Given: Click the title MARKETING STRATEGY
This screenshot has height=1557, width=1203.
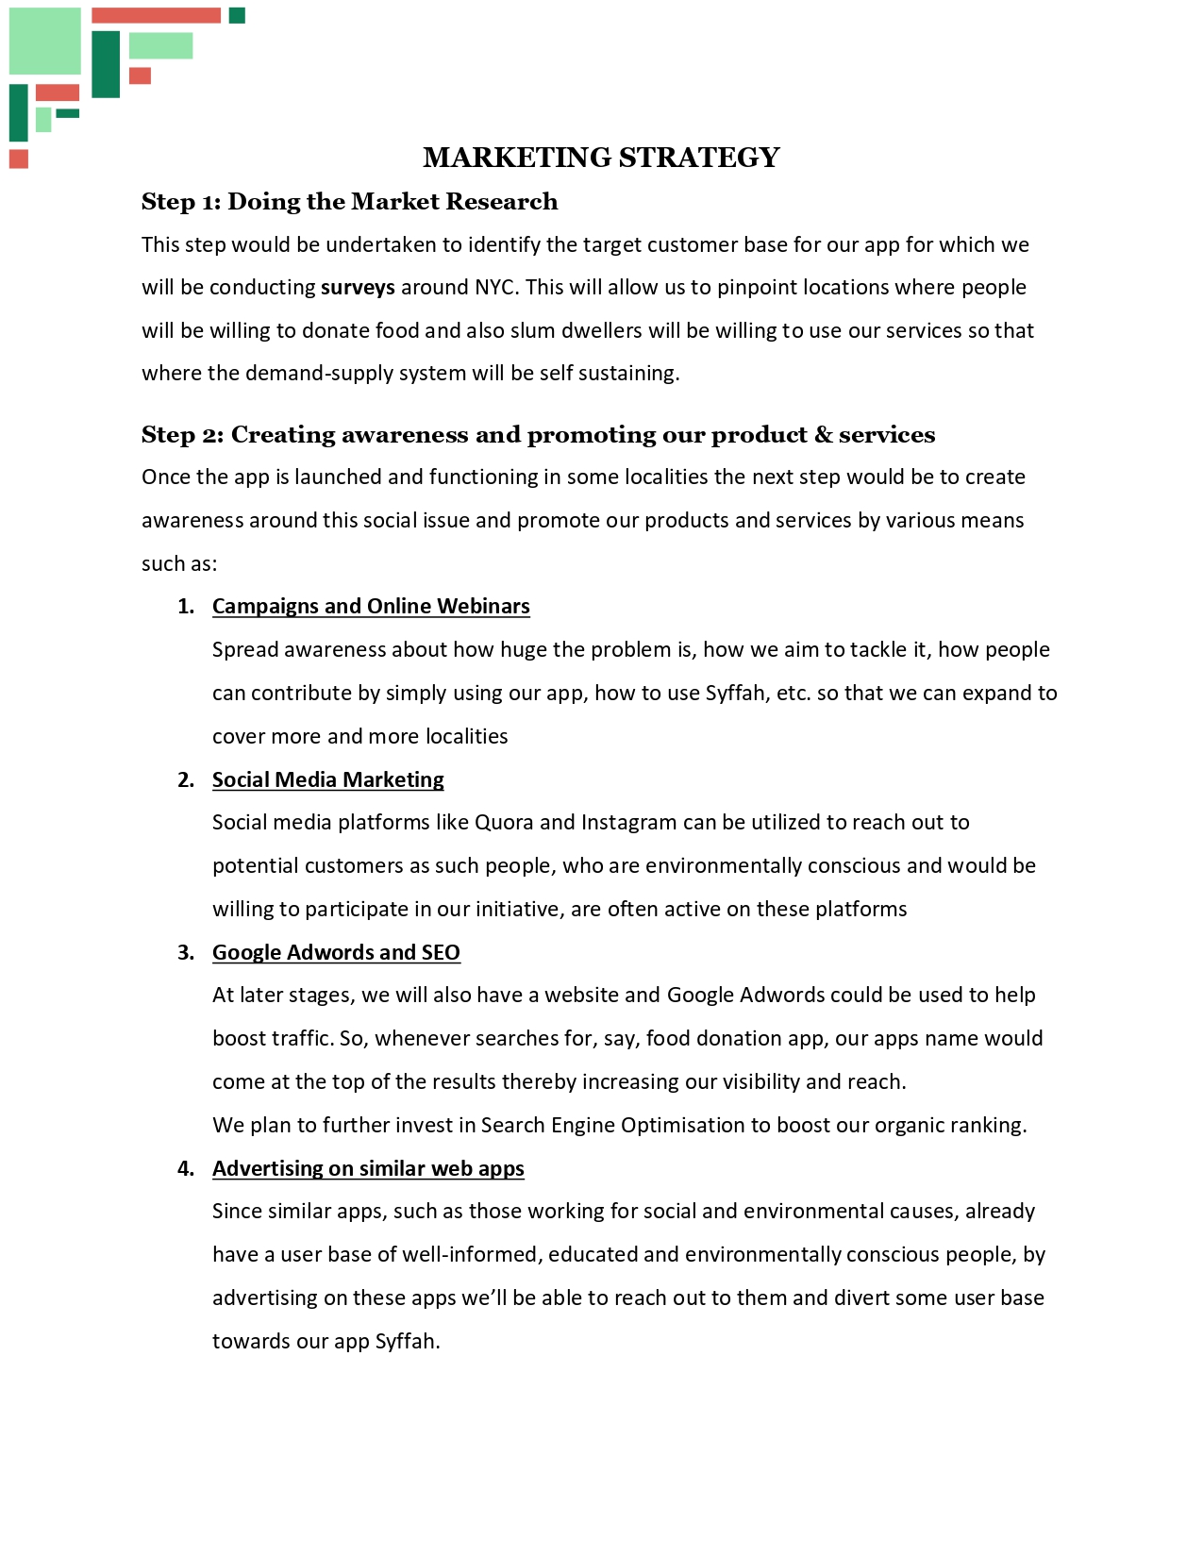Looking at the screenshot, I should tap(601, 158).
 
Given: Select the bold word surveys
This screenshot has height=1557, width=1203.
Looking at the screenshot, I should tap(358, 288).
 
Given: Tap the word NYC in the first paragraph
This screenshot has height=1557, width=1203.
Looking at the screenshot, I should tap(494, 288).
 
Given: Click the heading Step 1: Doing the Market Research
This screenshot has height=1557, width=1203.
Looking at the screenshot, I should tap(349, 202).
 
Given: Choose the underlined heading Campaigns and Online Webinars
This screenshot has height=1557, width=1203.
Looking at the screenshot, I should tap(371, 607).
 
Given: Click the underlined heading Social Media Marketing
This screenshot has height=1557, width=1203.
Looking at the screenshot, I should tap(327, 780).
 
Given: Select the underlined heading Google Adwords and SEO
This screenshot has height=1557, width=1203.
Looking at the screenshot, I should tap(336, 953).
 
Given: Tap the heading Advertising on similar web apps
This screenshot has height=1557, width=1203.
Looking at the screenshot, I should tap(368, 1169).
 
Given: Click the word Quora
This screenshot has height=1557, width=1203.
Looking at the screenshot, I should tap(504, 823).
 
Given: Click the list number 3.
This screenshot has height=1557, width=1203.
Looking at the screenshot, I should tap(185, 953).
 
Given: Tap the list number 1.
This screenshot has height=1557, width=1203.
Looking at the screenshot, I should tap(185, 607).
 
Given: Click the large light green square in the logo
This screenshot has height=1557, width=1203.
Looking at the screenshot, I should tap(45, 41).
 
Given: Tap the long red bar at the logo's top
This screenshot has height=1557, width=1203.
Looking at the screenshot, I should tap(156, 15).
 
